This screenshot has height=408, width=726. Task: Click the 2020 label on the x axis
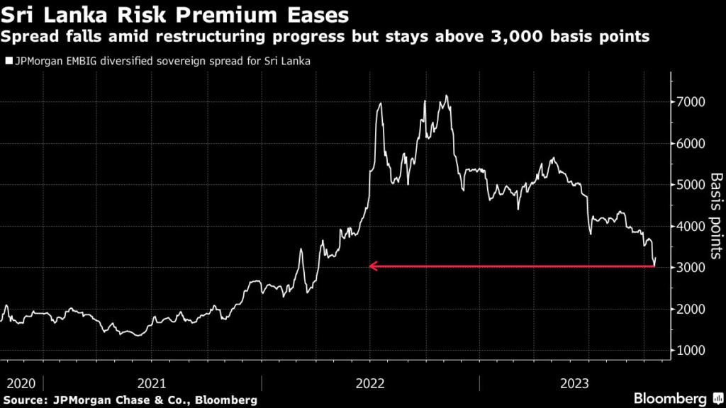(x=21, y=383)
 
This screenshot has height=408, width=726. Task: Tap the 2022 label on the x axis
(x=369, y=383)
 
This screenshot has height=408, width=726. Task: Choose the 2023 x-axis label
(x=574, y=383)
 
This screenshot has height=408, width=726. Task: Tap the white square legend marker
(x=9, y=62)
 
